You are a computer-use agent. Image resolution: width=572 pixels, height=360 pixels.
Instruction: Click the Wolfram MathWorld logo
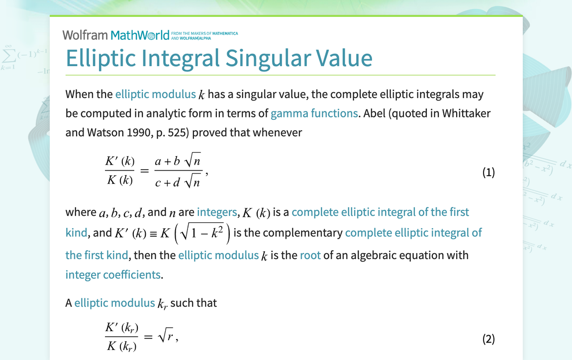pos(116,35)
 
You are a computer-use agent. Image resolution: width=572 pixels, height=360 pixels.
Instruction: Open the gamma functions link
pos(314,113)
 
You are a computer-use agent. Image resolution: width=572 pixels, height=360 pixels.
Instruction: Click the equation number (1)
pos(488,172)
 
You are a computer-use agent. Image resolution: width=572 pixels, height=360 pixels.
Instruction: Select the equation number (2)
pos(488,339)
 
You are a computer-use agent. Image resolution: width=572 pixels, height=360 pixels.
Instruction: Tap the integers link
pos(217,212)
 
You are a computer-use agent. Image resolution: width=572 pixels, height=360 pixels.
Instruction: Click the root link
pos(310,255)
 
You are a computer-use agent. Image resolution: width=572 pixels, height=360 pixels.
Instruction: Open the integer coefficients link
pos(113,274)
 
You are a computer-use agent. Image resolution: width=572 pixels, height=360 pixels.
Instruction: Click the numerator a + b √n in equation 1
pos(178,161)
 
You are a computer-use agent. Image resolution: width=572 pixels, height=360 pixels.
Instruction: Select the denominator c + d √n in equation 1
pos(178,181)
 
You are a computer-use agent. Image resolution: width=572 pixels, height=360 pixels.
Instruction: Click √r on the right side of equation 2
pos(166,335)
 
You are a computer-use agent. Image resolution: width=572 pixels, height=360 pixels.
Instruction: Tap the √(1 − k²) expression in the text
pos(202,233)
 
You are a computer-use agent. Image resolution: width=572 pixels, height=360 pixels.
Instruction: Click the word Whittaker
pos(466,113)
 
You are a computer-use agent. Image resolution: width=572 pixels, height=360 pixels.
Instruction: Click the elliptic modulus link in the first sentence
pos(155,94)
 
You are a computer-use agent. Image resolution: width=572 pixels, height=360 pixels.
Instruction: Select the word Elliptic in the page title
pos(100,58)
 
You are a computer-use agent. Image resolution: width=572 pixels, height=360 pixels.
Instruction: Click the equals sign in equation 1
pos(144,171)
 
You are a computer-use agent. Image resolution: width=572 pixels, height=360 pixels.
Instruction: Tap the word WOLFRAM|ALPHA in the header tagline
pos(195,38)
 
